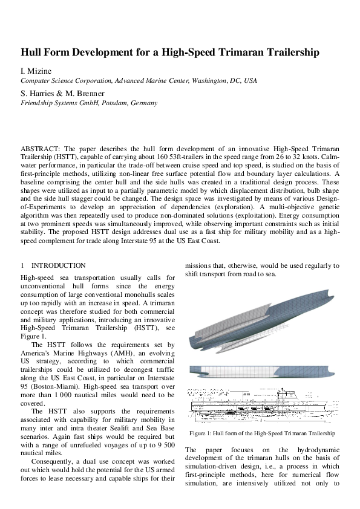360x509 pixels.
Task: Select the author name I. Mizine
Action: (36, 72)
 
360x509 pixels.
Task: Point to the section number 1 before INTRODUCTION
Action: (22, 265)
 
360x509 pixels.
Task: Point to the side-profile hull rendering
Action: (261, 372)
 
